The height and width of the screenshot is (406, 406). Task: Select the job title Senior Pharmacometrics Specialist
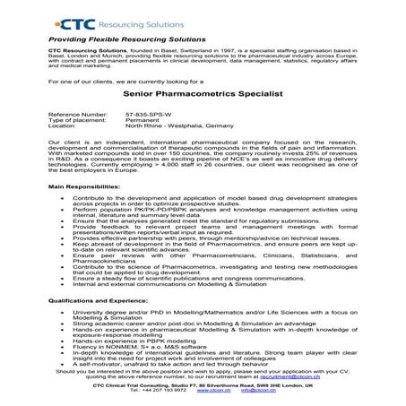coord(203,92)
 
